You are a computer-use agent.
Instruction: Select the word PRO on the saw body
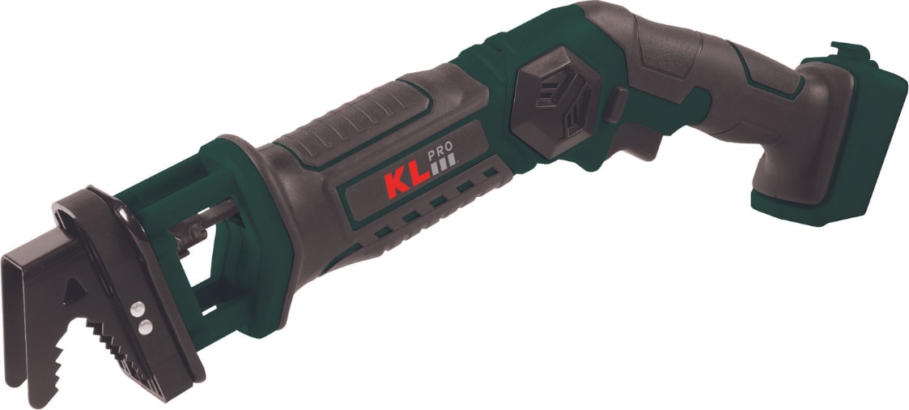[x=440, y=155]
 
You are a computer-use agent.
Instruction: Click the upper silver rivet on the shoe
[x=138, y=310]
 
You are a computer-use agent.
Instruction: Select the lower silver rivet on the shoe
[x=146, y=327]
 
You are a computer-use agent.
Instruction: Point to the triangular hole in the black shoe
[x=74, y=292]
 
